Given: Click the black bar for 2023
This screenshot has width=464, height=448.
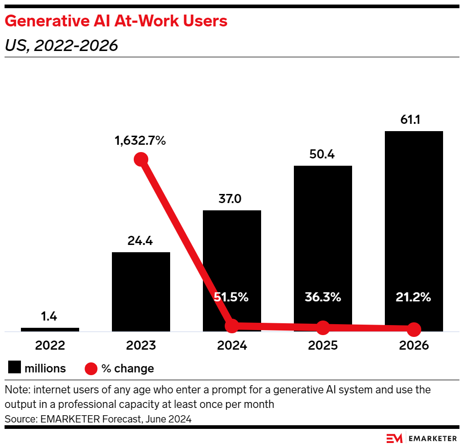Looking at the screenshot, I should click(141, 291).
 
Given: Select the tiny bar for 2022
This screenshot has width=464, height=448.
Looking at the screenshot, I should click(50, 329).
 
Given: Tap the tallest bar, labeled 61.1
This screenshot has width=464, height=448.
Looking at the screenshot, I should click(414, 228).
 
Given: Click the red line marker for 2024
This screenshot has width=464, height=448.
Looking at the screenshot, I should click(232, 326).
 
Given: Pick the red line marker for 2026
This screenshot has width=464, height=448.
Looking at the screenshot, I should click(414, 329).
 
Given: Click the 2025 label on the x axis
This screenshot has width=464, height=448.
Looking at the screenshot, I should click(323, 346).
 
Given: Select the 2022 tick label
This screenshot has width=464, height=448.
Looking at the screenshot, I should click(50, 346).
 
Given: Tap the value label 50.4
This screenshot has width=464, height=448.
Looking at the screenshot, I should click(323, 155).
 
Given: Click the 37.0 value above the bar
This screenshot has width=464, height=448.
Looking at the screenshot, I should click(232, 199).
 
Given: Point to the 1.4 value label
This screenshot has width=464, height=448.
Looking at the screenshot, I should click(50, 317).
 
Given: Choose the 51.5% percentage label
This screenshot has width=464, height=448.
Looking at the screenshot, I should click(232, 298).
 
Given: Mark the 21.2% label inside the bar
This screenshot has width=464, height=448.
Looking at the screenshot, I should click(414, 298).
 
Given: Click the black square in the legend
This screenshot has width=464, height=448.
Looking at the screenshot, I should click(14, 368).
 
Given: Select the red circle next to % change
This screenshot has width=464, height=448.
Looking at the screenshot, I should click(91, 368).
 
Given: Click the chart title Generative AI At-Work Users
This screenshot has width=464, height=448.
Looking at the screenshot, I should click(116, 21).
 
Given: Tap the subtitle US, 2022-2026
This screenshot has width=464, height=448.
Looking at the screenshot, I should click(61, 46).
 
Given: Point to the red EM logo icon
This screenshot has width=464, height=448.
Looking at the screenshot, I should click(394, 438).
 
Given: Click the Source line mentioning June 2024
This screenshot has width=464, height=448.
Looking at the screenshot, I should click(98, 419).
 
